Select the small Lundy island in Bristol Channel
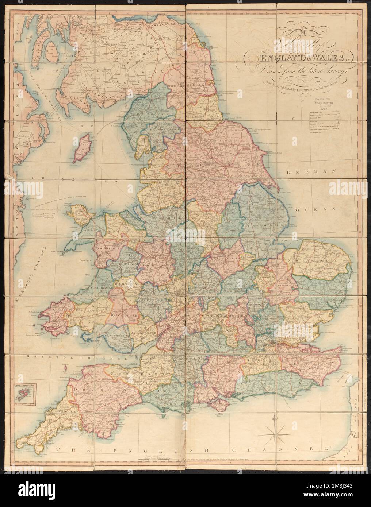pos(65,368)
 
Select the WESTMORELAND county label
pos(162,129)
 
